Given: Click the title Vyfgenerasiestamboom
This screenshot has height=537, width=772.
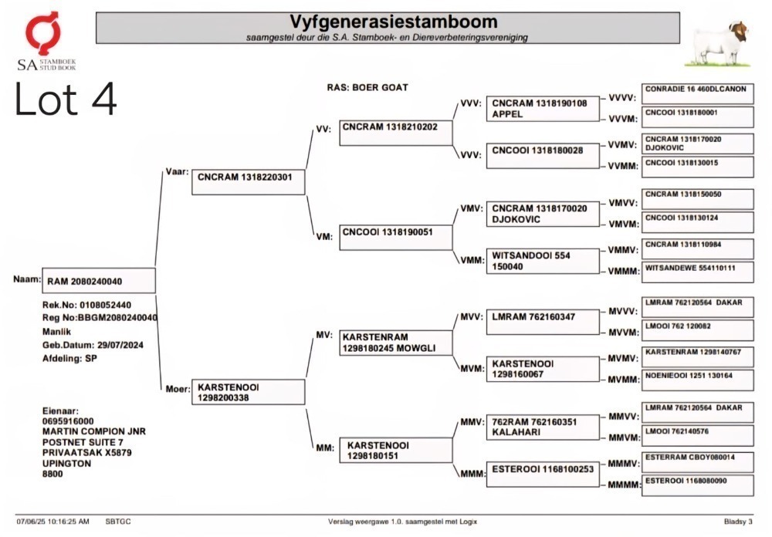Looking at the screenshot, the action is click(394, 22).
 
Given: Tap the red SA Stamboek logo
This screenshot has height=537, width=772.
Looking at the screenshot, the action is click(44, 32).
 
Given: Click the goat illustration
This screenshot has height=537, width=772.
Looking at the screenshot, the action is click(718, 44).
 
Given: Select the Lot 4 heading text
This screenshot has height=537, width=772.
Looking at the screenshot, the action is click(66, 99).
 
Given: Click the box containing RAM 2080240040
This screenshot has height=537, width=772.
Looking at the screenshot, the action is click(99, 281).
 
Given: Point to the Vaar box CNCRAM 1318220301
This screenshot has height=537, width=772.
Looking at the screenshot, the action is click(248, 181).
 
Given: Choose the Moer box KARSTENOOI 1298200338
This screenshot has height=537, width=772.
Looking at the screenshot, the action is click(248, 392).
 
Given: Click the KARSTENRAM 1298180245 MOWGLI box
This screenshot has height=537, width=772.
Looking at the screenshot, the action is click(396, 343).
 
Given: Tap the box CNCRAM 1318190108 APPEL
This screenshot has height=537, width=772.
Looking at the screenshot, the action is click(543, 109).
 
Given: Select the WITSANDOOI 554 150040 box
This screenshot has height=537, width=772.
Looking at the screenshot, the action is click(543, 261).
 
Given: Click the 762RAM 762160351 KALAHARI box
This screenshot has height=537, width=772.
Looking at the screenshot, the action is click(543, 427).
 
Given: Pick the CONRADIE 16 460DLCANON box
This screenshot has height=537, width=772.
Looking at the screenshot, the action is click(698, 93).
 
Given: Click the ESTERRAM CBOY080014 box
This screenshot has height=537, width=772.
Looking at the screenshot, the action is click(698, 462).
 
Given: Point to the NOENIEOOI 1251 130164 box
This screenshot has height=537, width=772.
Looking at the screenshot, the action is click(698, 380).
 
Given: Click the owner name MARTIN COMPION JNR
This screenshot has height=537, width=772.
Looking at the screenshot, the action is click(94, 431).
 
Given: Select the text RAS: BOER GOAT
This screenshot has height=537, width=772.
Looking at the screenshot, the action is click(367, 88).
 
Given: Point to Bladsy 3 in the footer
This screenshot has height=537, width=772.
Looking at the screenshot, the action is click(738, 522).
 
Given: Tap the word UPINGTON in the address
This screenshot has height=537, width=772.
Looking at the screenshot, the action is click(66, 463).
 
